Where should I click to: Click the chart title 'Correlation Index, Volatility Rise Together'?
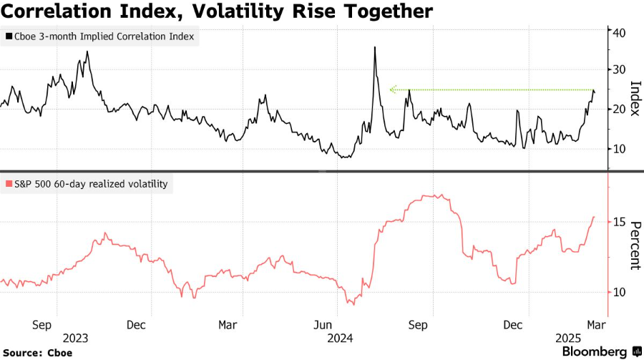pyautogui.click(x=216, y=12)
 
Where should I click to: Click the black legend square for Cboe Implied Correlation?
pyautogui.click(x=8, y=36)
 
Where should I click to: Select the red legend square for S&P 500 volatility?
pyautogui.click(x=8, y=184)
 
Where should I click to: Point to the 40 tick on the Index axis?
pyautogui.click(x=620, y=32)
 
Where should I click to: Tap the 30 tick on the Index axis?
pyautogui.click(x=620, y=70)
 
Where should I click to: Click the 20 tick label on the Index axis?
pyautogui.click(x=620, y=110)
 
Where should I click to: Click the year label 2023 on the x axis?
pyautogui.click(x=76, y=337)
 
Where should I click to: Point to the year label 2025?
pyautogui.click(x=570, y=337)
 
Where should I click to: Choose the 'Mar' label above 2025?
pyautogui.click(x=596, y=324)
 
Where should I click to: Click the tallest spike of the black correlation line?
pyautogui.click(x=375, y=48)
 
